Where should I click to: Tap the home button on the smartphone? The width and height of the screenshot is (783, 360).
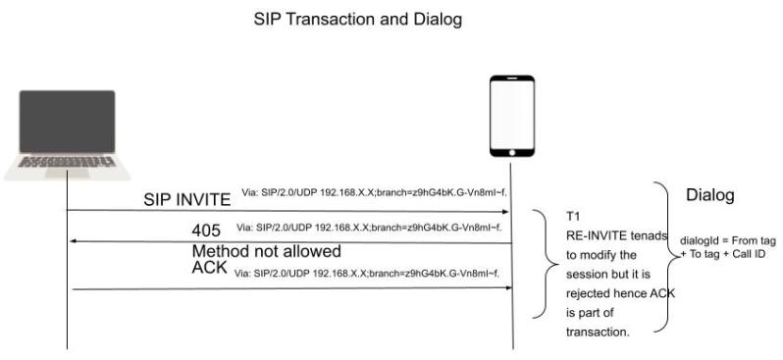pos(511,151)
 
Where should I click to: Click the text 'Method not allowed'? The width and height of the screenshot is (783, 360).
pos(266,251)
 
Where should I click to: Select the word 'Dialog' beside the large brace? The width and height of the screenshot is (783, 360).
pos(709,195)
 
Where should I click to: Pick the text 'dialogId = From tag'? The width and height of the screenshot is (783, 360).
pos(727,240)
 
